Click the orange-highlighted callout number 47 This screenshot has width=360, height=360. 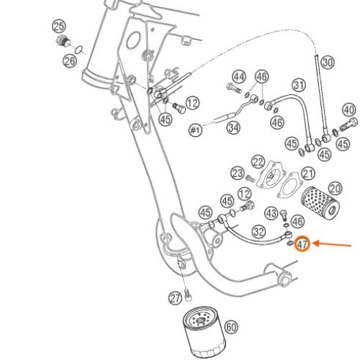302,244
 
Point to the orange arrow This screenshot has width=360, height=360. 333,244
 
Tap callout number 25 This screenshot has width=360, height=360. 59,27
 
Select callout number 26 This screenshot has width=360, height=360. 70,61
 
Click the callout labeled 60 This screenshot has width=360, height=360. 231,327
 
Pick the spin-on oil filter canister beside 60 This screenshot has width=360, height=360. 204,332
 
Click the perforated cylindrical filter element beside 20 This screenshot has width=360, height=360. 320,201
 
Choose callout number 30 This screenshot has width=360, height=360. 328,63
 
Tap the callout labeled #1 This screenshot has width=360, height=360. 196,130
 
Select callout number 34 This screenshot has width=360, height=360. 233,128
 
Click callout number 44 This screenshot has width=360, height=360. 239,77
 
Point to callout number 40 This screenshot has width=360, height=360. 348,110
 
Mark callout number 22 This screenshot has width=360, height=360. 258,163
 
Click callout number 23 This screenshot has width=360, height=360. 238,174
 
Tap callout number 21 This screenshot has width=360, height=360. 308,174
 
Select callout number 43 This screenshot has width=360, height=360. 271,213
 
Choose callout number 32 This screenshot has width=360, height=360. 259,232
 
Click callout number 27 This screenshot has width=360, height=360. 175,298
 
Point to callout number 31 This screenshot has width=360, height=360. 299,85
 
